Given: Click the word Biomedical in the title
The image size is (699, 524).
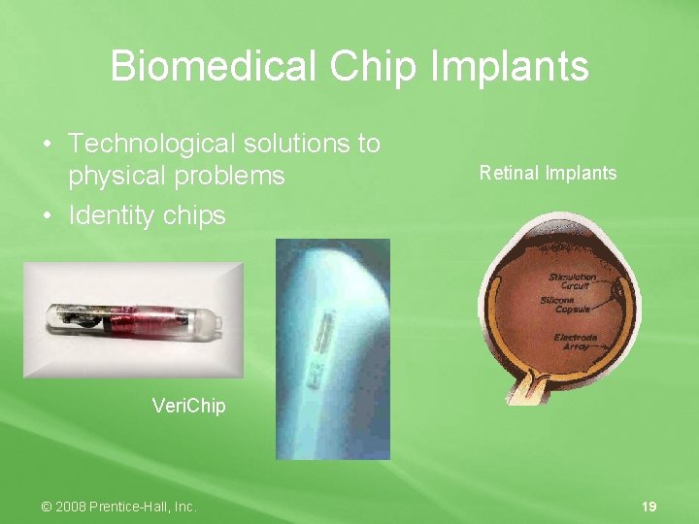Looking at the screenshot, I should click(213, 67).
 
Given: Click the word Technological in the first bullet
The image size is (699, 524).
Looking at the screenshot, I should click(152, 144).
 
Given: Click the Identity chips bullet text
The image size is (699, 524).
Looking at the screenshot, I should click(147, 214).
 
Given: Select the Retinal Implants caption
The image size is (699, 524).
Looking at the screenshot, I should click(548, 174).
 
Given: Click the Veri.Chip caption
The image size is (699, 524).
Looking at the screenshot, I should click(188, 406).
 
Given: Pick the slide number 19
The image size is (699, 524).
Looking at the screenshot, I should click(649, 507).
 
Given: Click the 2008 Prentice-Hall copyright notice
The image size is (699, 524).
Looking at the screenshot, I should click(119, 507).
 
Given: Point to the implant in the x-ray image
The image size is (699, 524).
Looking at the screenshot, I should click(320, 344).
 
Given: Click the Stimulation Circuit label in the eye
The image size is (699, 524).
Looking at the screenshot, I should click(571, 281).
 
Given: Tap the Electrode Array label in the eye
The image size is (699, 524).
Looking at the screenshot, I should click(576, 342).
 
